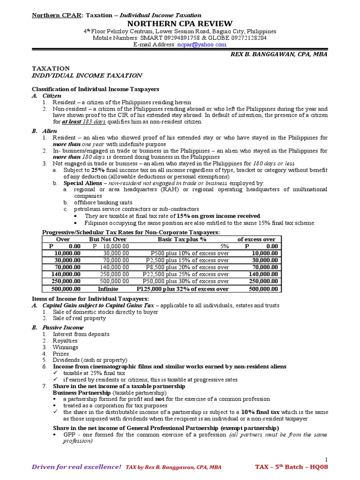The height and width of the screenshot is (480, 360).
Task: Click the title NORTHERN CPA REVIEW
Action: (180, 23)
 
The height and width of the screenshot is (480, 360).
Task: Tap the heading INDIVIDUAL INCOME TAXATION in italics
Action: (86, 75)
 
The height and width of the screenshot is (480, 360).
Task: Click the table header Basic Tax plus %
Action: (182, 239)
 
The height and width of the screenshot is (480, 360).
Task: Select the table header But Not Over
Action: (107, 239)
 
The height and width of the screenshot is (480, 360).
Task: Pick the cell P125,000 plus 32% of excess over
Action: (182, 289)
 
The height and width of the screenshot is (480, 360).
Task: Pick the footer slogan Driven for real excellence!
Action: (76, 467)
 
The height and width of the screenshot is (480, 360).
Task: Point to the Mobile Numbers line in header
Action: (180, 38)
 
